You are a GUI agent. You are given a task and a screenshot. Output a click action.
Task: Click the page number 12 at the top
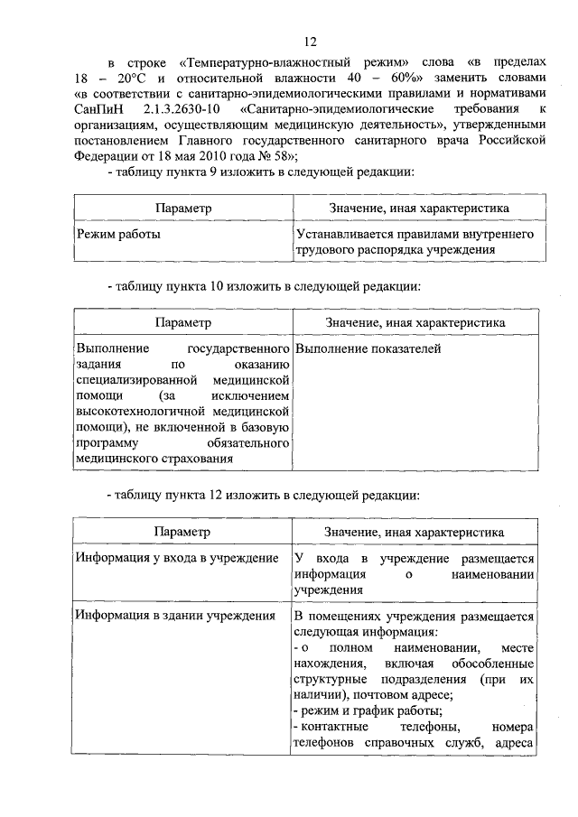pos(310,42)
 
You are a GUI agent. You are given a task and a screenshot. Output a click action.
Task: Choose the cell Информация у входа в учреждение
pos(177,558)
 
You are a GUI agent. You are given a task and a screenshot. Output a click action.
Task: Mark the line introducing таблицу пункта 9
pos(260,172)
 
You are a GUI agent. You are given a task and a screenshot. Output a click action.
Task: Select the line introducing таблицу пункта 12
pos(263,496)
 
